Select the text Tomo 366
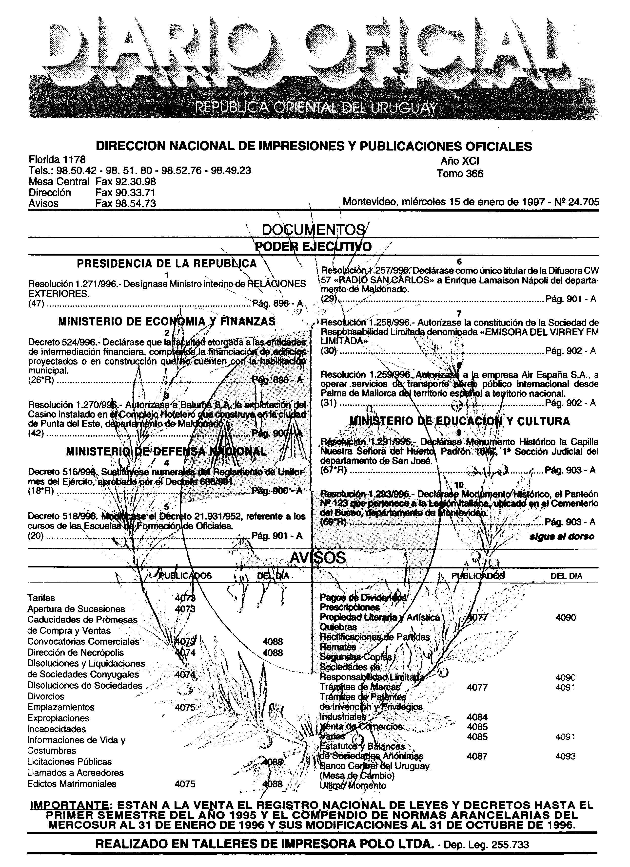[x=460, y=174]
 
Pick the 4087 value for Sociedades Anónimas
[x=477, y=756]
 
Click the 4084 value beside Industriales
[x=477, y=717]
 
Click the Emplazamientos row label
[x=61, y=707]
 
